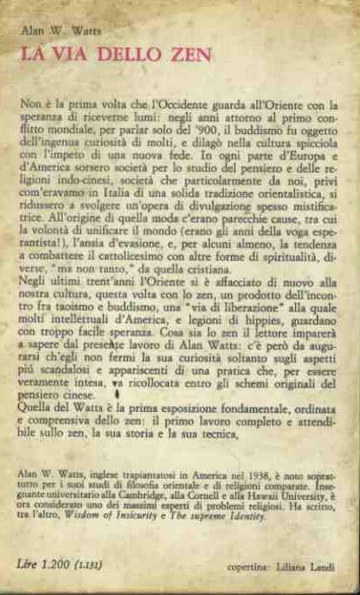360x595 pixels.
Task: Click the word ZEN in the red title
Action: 188,55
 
